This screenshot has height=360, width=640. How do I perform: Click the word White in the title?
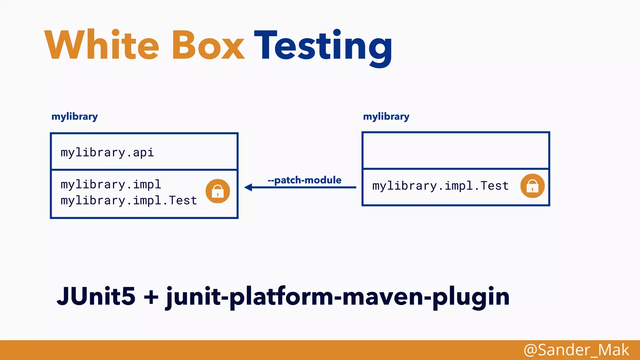[102, 45]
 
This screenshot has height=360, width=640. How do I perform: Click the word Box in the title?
[208, 45]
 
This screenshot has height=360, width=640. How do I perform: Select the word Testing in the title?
[323, 47]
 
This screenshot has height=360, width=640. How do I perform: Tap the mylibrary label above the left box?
[74, 117]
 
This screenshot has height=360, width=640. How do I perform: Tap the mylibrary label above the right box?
[386, 117]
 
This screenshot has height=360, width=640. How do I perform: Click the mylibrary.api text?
[107, 152]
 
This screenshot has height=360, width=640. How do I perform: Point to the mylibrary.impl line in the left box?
[111, 184]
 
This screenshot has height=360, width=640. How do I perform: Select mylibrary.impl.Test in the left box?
[129, 200]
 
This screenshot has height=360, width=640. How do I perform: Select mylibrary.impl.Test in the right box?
[440, 186]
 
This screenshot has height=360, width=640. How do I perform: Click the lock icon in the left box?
[217, 191]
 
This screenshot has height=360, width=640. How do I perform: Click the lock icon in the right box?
[532, 186]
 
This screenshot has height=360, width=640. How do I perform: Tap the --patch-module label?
[304, 180]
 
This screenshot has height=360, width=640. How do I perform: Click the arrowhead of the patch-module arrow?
[248, 187]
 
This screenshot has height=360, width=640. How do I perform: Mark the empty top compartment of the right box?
[456, 151]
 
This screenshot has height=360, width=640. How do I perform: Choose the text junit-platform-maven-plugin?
[337, 297]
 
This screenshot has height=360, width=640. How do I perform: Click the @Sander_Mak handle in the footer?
[576, 350]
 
